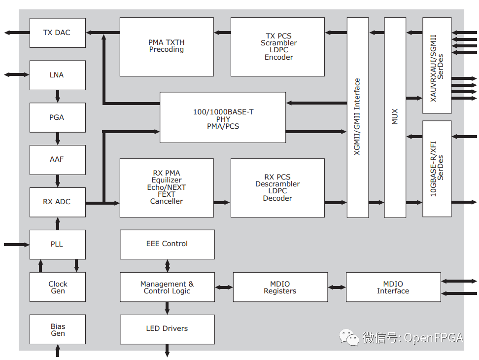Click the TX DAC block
click(x=57, y=33)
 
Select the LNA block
click(x=57, y=75)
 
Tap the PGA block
click(x=57, y=117)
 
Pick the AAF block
click(x=57, y=159)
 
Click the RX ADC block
click(x=57, y=202)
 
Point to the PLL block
click(x=57, y=244)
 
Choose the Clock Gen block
click(x=57, y=287)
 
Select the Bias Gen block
click(x=57, y=329)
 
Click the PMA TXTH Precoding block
click(x=167, y=46)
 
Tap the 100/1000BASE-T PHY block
click(x=223, y=119)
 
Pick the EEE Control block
click(x=167, y=244)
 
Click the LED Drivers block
click(x=167, y=328)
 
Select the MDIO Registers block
click(x=280, y=287)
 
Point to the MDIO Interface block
click(x=393, y=287)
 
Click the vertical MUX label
click(x=395, y=117)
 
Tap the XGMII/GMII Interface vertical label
click(x=357, y=117)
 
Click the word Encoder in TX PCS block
click(x=278, y=57)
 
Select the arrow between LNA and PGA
click(x=58, y=96)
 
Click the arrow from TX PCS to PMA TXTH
click(x=222, y=33)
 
